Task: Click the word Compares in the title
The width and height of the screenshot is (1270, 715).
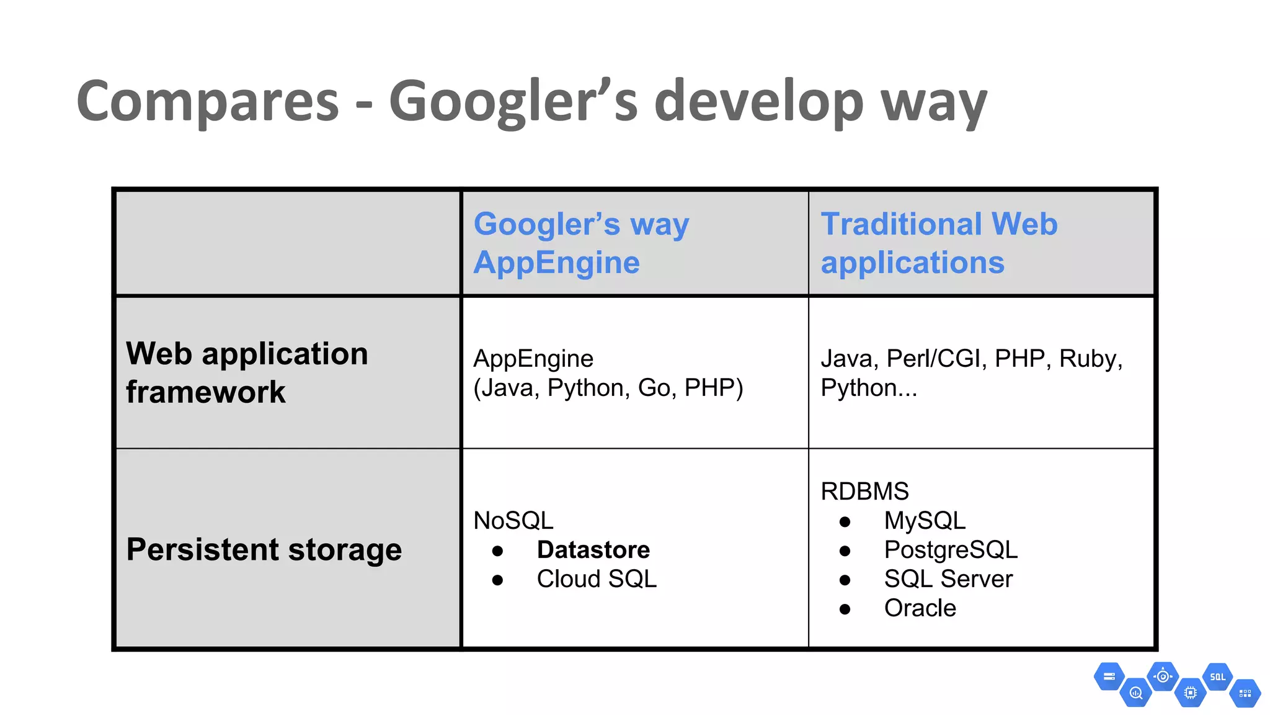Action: tap(208, 102)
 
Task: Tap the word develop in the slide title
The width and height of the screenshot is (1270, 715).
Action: tap(758, 102)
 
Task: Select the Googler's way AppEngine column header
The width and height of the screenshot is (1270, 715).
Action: tap(581, 243)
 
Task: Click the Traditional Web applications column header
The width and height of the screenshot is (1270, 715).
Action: tap(939, 243)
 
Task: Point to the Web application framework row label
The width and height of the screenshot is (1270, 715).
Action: tap(247, 372)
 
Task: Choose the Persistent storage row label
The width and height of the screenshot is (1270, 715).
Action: tap(264, 549)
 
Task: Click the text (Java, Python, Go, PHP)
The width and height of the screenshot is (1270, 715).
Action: tap(608, 388)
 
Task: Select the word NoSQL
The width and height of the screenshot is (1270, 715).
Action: tap(513, 521)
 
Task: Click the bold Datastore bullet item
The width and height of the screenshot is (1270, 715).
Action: tap(593, 550)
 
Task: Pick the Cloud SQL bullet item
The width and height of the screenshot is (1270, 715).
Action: tap(596, 579)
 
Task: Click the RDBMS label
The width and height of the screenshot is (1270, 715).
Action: tap(864, 492)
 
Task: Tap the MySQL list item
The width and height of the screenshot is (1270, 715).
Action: tap(925, 521)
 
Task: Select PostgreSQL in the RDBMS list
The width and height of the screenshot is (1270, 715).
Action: tap(951, 550)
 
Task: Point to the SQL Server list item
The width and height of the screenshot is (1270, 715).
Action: tap(948, 579)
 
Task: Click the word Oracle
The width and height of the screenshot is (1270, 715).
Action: tap(920, 608)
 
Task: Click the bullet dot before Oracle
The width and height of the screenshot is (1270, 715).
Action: tap(845, 609)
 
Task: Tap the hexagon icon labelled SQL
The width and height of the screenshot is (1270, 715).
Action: tap(1217, 677)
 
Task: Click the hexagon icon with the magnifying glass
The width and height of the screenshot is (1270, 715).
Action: tap(1136, 693)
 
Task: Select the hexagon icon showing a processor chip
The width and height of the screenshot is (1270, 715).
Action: tap(1190, 693)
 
